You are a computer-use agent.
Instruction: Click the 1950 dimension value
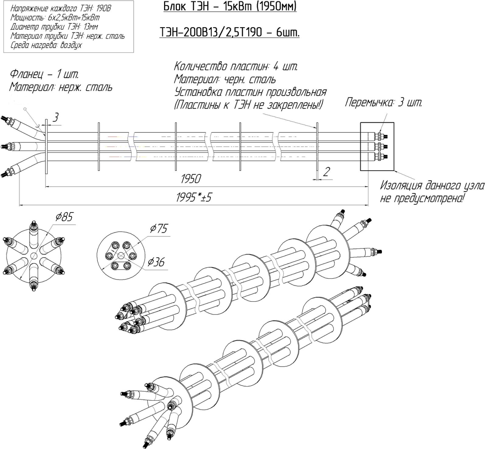tap(191, 179)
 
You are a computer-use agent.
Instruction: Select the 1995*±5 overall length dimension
tap(194, 198)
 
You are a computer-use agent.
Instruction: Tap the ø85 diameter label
tap(64, 217)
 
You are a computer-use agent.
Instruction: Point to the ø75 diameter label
tap(158, 228)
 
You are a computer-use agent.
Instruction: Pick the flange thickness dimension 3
tap(55, 118)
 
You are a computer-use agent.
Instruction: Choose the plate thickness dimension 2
tap(326, 172)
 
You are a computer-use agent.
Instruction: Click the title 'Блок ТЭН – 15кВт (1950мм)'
tap(230, 6)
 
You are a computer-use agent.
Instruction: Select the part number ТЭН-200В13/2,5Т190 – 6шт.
tap(229, 32)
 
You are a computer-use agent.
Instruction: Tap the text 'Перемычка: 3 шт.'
tap(384, 102)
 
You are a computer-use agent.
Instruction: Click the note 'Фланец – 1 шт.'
tap(44, 74)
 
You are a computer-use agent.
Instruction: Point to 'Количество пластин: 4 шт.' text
tap(236, 66)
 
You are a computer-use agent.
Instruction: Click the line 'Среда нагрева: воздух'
tap(46, 45)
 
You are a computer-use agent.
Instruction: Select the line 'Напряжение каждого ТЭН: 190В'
tap(61, 9)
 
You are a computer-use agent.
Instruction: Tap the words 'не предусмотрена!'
tap(422, 198)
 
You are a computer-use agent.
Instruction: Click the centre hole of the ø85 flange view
tap(33, 256)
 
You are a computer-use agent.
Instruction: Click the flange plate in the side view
tap(46, 146)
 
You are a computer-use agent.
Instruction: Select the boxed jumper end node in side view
tap(377, 146)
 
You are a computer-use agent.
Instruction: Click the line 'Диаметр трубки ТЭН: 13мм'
tap(54, 27)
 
